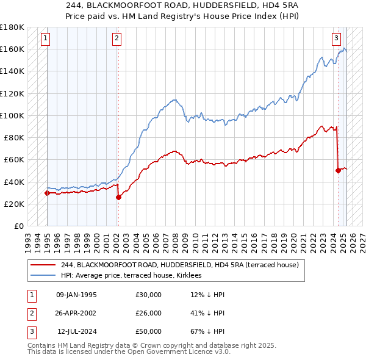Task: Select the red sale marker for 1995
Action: [47, 193]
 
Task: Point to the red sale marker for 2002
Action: [118, 197]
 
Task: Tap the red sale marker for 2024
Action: [338, 171]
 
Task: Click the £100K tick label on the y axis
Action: [12, 115]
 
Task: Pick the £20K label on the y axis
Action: [14, 204]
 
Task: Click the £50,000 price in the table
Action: [148, 331]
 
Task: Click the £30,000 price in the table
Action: [148, 295]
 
